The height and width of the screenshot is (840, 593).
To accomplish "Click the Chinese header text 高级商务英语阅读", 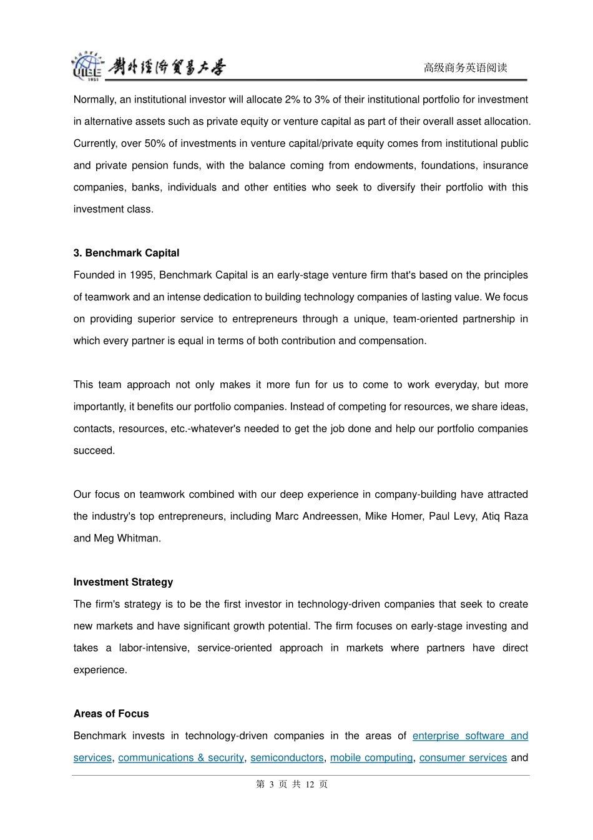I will (465, 67).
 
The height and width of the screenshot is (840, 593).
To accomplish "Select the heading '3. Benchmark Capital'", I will (126, 253).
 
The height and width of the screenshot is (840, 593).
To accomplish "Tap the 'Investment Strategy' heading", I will (123, 582).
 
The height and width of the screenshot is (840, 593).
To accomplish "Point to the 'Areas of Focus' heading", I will (111, 714).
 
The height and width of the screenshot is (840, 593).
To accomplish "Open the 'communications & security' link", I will (181, 758).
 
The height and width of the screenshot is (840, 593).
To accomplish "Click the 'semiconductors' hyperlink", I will (287, 758).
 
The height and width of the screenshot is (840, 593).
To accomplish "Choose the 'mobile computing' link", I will (371, 758).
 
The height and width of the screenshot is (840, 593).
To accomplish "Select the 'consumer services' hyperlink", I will (463, 758).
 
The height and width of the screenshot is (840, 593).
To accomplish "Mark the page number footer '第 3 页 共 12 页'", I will (292, 784).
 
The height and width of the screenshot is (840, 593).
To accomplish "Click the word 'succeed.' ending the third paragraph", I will (94, 451).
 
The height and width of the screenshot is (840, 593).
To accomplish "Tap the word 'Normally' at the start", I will (94, 100).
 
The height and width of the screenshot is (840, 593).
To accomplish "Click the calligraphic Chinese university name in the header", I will (167, 67).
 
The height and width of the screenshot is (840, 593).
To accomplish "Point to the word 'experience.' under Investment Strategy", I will (100, 670).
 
